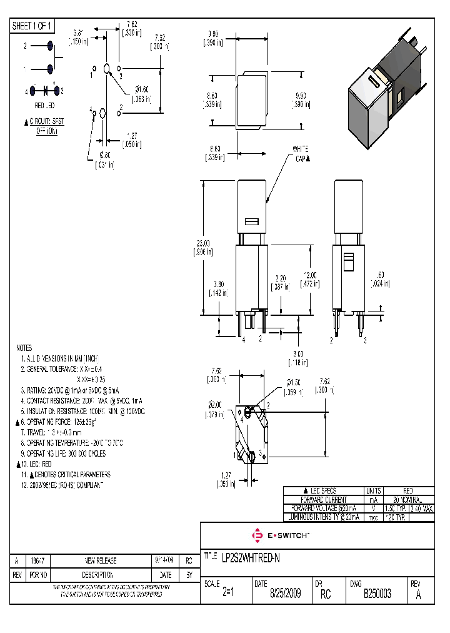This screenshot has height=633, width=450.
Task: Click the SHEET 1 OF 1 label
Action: [x=32, y=26]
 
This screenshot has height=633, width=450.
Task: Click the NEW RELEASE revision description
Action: [x=101, y=561]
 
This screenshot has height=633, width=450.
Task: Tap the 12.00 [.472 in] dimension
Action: [x=309, y=279]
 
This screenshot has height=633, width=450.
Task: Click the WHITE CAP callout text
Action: [x=301, y=154]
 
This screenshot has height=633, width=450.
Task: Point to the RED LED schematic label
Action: [x=44, y=106]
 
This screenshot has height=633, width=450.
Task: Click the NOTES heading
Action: [x=25, y=347]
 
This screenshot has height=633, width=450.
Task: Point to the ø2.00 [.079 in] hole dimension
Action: [x=216, y=409]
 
